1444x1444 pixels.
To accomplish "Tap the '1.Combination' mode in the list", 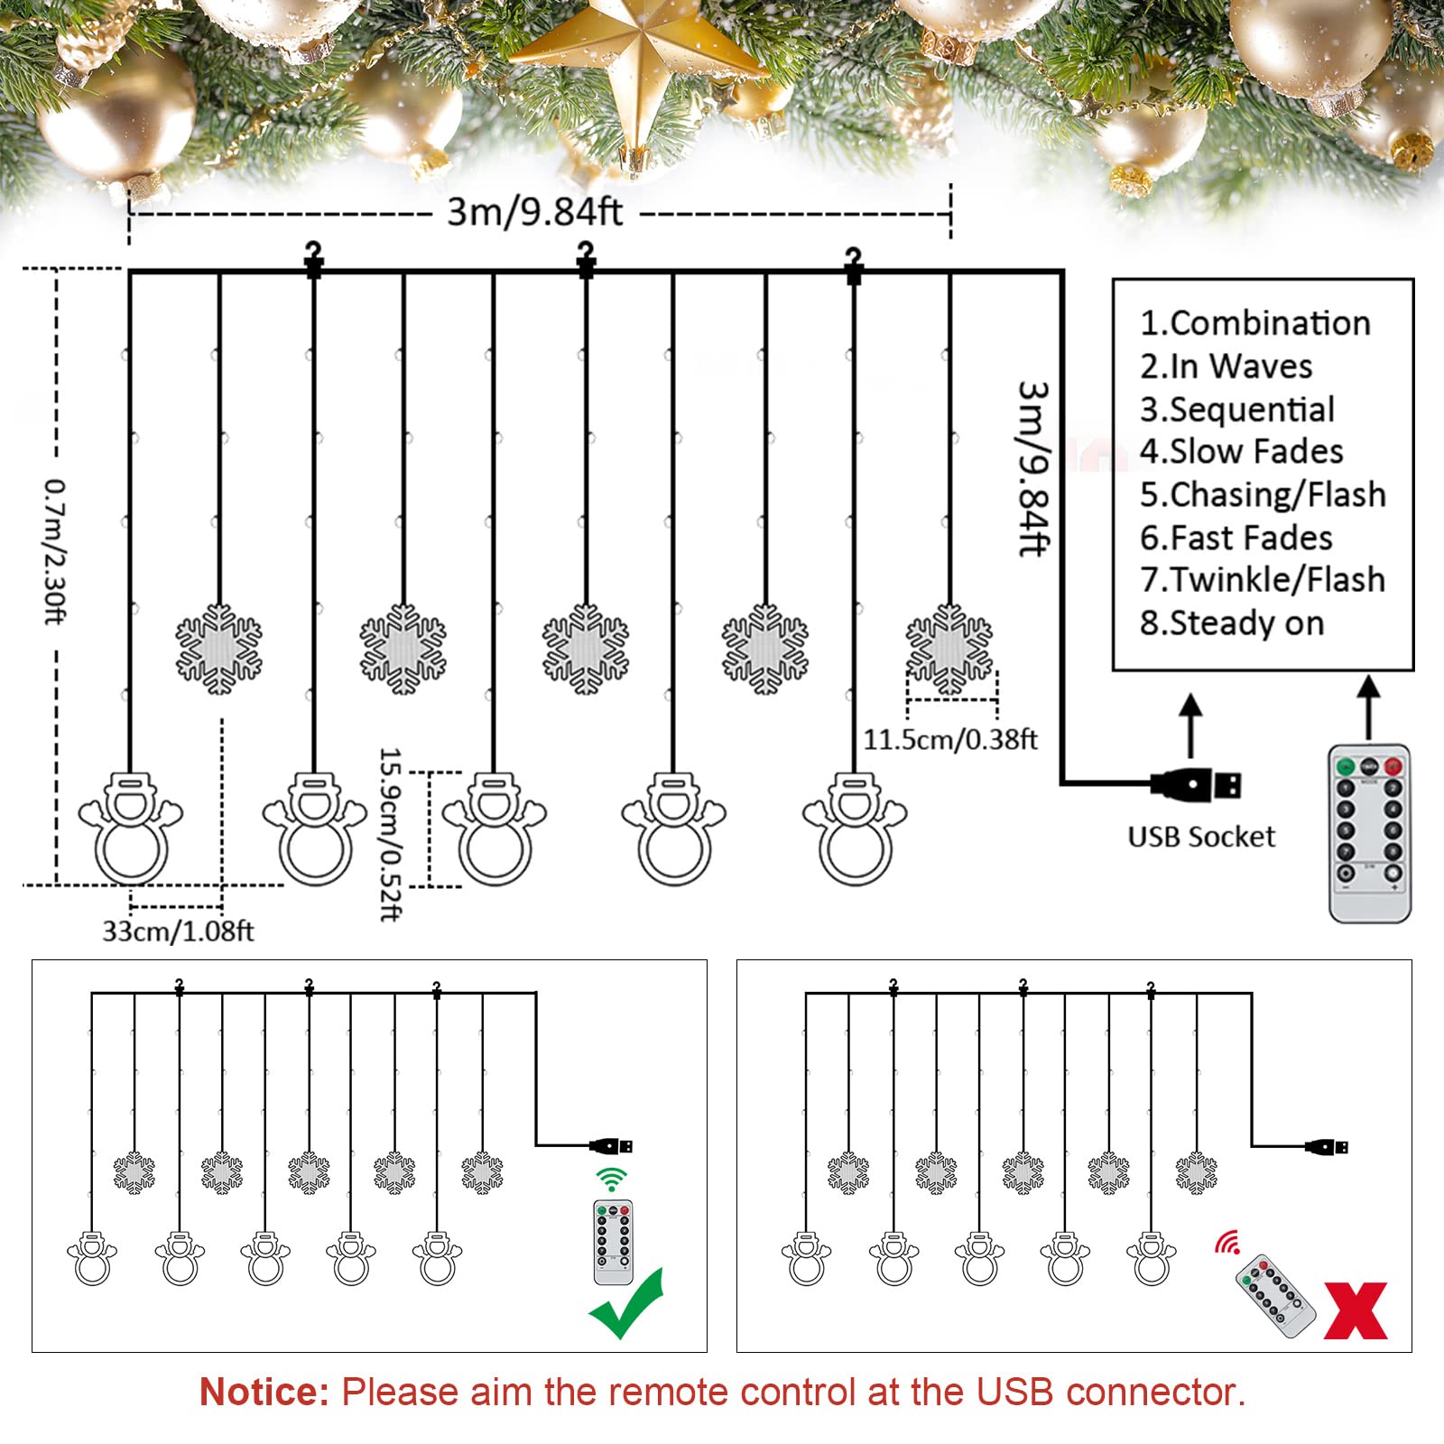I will coord(1254,323).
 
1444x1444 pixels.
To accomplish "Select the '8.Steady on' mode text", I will coord(1231,623).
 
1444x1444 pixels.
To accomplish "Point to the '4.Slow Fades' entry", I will coord(1241,451).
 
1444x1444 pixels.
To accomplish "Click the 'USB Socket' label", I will coord(1200,837).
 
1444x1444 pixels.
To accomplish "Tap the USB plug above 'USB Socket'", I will coord(1196,785).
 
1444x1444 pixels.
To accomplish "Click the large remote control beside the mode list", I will coord(1368,832).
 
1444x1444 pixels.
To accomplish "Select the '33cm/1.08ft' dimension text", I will coord(178,930).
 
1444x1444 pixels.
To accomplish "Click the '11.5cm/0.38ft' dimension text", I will coord(949,740).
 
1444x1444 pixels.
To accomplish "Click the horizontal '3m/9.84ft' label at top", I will coord(534,212).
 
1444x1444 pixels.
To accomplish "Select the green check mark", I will coord(626,1305).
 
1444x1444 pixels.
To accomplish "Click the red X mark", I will coord(1356,1310).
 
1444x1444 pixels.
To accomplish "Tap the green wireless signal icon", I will coord(611,1179).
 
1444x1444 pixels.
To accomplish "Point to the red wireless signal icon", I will coord(1226,1243).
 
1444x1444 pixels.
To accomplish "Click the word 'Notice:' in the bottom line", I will coord(264,1392).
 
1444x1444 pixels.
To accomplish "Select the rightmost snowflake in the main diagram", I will coord(949,649).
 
